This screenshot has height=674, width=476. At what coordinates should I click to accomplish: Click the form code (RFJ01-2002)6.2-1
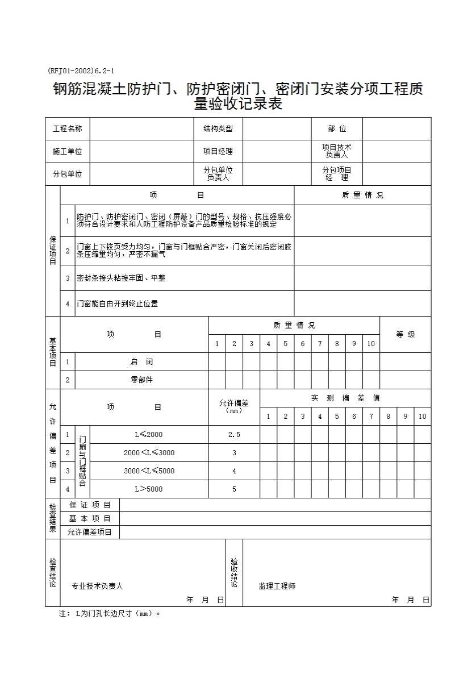tap(81, 71)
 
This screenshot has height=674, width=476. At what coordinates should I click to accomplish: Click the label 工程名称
tap(67, 129)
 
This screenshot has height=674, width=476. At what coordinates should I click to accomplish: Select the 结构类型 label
tap(218, 129)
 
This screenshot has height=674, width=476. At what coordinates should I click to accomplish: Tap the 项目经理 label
tap(218, 151)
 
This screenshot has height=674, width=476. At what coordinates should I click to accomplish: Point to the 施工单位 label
tap(67, 151)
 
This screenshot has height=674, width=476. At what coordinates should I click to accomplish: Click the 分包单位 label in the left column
tap(67, 174)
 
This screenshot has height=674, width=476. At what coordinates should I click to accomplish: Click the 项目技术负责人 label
tap(337, 151)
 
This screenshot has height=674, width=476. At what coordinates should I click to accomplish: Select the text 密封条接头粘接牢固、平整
tap(121, 278)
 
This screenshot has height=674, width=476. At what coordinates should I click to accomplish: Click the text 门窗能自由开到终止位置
tap(118, 304)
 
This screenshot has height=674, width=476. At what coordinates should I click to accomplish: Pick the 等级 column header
tap(406, 334)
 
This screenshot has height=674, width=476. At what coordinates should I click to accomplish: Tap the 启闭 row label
tap(141, 361)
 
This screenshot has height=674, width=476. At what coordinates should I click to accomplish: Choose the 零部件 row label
tap(141, 380)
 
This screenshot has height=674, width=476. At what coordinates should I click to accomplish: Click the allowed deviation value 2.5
tap(234, 435)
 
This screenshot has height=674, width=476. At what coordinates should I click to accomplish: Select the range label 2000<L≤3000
tap(149, 453)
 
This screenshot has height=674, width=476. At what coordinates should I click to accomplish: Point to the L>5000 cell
tap(149, 489)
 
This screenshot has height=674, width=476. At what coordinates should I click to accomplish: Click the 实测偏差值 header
tap(345, 398)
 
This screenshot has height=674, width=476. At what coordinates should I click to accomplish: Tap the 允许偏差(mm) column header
tap(234, 406)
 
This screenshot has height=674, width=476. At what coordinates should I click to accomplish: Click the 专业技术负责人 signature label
tap(97, 586)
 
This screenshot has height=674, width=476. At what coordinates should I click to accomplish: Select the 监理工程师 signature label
tap(277, 586)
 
